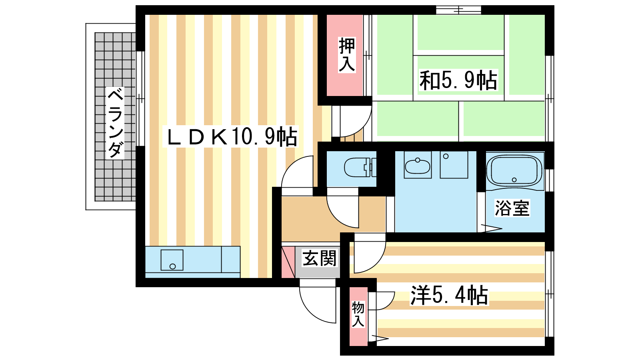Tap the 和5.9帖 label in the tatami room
[x=458, y=80]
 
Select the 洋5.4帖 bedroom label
[x=449, y=295]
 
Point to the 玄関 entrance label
[x=320, y=258]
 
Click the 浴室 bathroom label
[x=512, y=208]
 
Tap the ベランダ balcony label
[x=115, y=123]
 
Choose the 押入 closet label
[x=347, y=54]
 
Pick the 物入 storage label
[x=358, y=314]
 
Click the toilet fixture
[x=360, y=168]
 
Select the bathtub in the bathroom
[x=514, y=171]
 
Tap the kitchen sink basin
[x=172, y=260]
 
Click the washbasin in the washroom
[x=418, y=166]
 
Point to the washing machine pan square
[x=454, y=165]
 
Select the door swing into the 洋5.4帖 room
[x=377, y=262]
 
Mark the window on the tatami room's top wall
[x=458, y=10]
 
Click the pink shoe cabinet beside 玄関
[x=288, y=262]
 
